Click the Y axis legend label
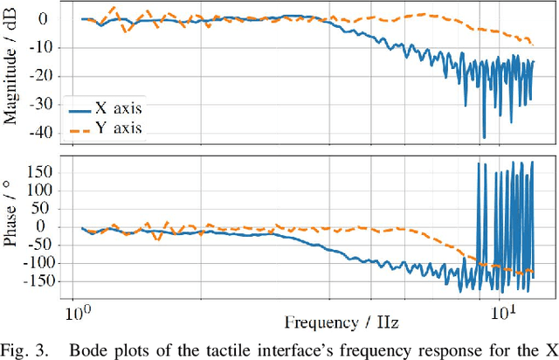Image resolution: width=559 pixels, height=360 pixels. coord(118,128)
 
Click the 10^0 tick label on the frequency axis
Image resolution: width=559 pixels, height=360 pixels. coord(76,313)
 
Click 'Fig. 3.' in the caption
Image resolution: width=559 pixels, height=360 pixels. coord(23,349)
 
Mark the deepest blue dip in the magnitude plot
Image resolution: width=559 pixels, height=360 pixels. coord(483,137)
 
